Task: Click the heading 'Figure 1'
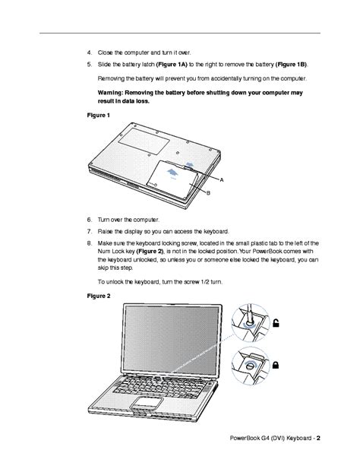click(98, 115)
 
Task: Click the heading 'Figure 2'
click(99, 296)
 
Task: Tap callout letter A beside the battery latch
click(222, 180)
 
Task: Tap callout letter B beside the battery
click(208, 193)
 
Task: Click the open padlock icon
click(276, 323)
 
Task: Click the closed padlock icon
click(276, 365)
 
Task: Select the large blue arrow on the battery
click(172, 173)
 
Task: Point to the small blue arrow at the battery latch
click(189, 164)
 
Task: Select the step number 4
click(90, 52)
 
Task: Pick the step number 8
click(90, 243)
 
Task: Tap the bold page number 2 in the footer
click(318, 438)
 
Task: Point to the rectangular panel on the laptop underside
click(144, 141)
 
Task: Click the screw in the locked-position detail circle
click(250, 366)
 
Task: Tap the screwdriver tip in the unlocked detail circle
click(249, 322)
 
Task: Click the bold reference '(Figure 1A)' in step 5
click(172, 65)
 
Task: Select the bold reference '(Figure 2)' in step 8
click(150, 252)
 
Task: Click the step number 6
click(90, 220)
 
